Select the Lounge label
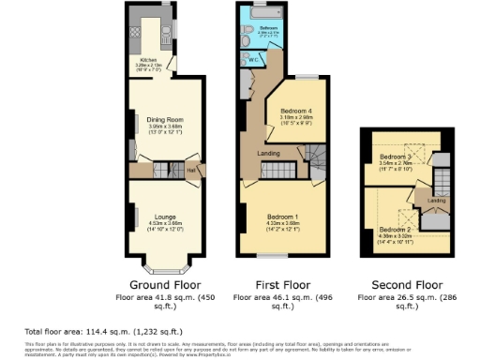[x=165, y=216]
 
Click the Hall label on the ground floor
[x=190, y=170]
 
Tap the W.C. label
[x=251, y=58]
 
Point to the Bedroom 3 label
[x=397, y=155]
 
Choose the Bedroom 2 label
[x=394, y=229]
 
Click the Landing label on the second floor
[x=437, y=200]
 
